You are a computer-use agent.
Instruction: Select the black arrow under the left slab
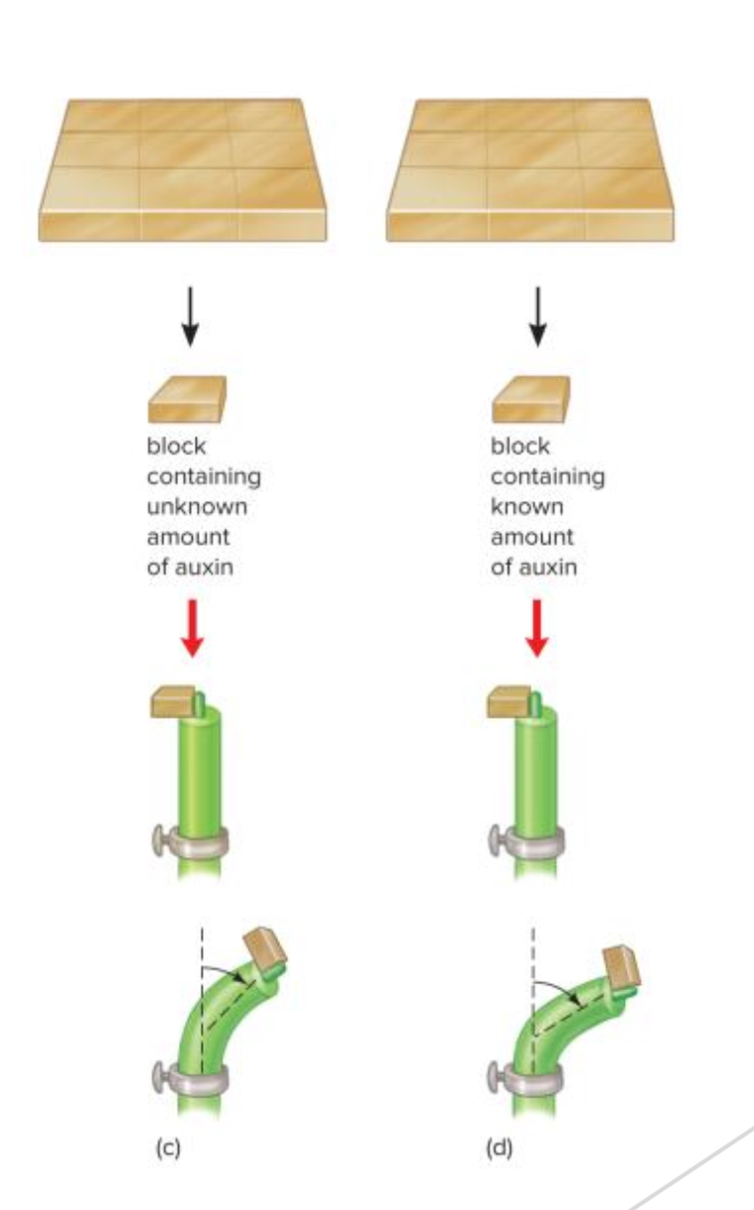point(192,316)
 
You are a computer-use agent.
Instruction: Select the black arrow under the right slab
point(536,316)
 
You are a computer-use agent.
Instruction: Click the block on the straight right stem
point(512,704)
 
